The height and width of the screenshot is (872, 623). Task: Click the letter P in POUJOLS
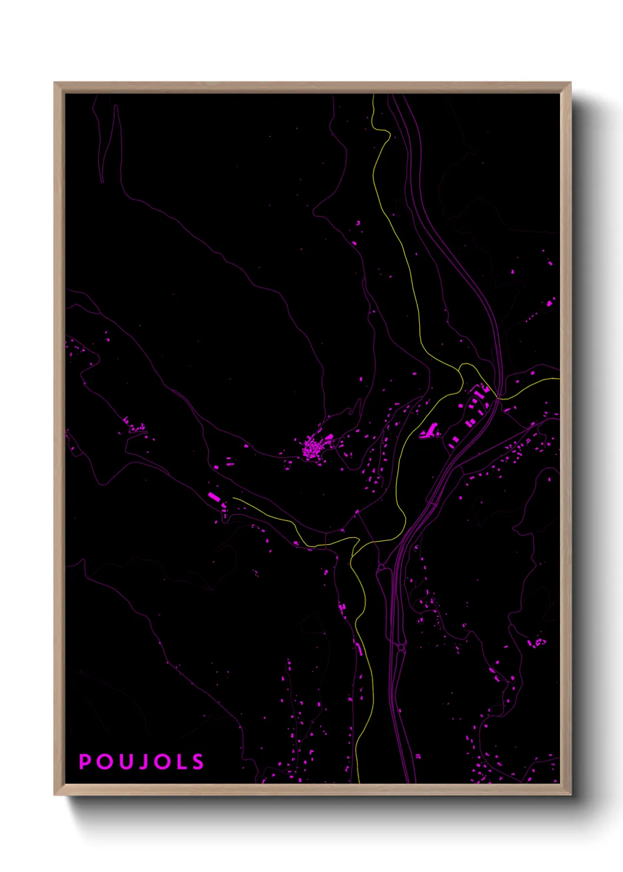(85, 762)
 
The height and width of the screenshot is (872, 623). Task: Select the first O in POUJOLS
(104, 762)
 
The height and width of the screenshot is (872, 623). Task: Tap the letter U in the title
(124, 762)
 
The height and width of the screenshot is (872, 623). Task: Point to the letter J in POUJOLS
(141, 762)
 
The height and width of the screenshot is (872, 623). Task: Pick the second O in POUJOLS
(160, 762)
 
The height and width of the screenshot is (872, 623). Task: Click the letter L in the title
(179, 762)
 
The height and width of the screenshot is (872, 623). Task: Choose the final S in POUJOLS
(197, 762)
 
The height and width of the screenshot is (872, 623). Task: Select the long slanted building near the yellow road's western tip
(214, 497)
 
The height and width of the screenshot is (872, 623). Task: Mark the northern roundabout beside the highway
(382, 567)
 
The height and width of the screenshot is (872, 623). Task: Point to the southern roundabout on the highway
(401, 648)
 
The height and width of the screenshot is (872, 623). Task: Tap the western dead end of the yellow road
(233, 498)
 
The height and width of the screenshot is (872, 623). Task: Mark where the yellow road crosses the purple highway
(498, 399)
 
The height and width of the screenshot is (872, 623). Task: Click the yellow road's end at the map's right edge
(559, 379)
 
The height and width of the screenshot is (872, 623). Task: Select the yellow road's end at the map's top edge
(373, 95)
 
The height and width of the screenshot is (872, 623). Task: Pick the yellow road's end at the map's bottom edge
(359, 782)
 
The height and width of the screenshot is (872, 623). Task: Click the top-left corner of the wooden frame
(55, 83)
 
